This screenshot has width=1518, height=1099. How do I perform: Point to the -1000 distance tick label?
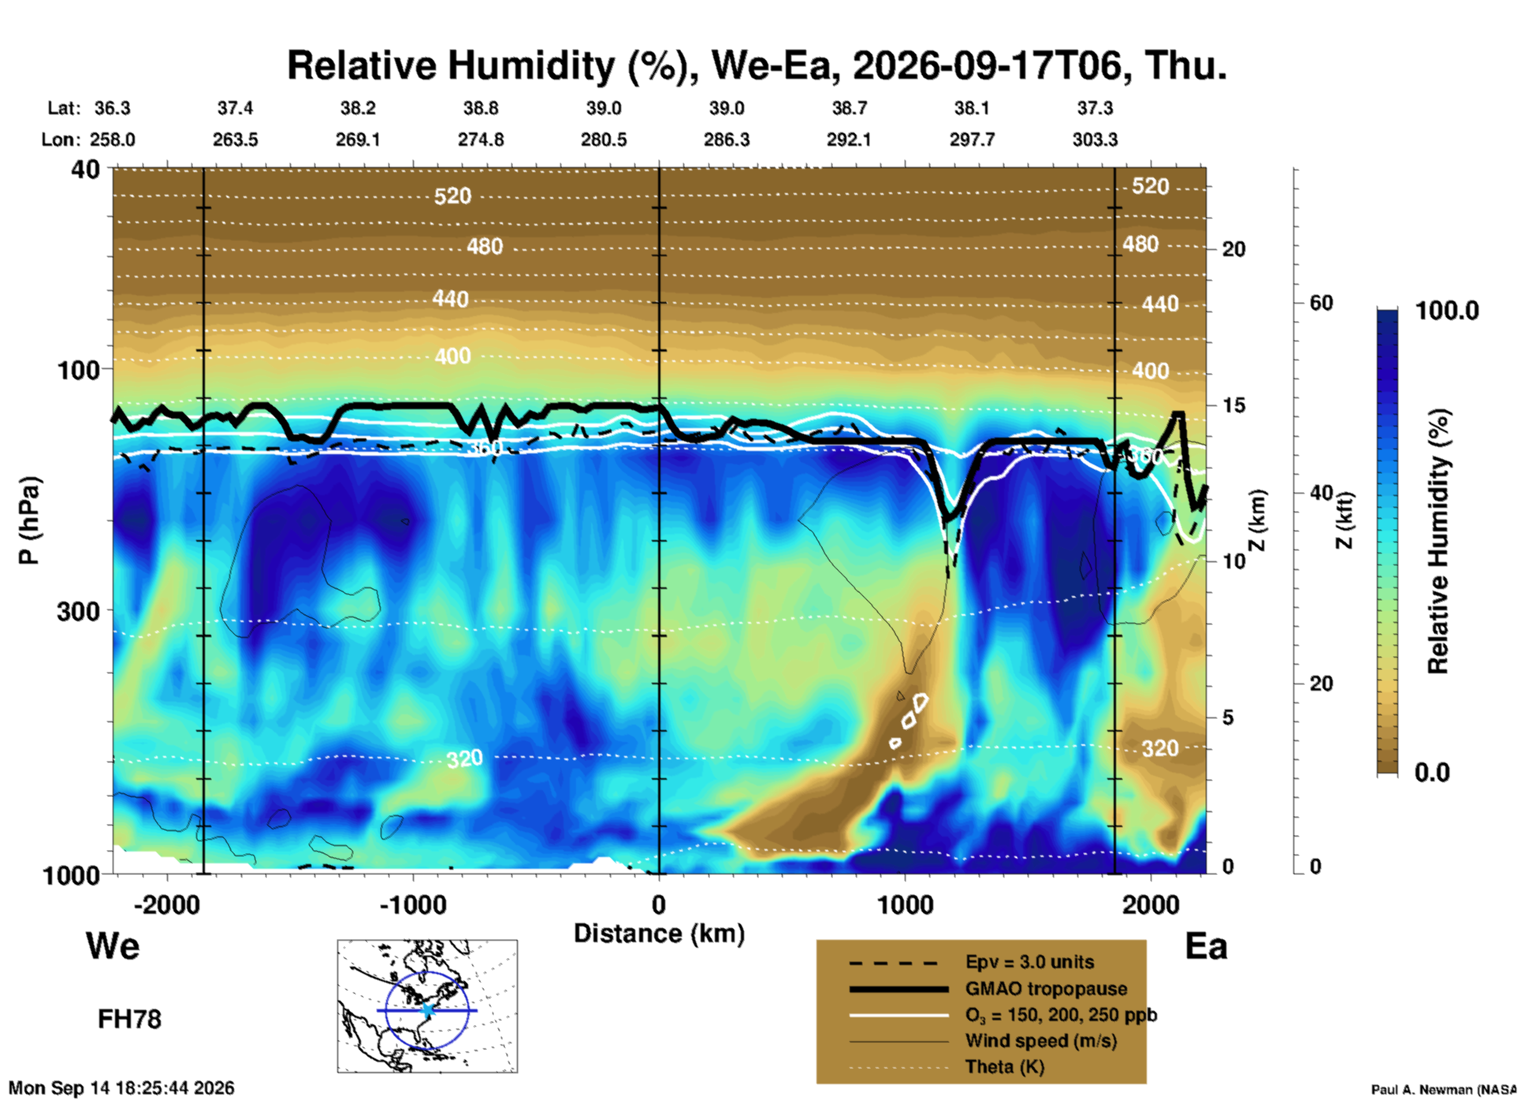tap(413, 904)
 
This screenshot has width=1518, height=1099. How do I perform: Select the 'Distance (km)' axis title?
tap(659, 933)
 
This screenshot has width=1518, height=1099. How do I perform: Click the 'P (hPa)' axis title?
tap(28, 520)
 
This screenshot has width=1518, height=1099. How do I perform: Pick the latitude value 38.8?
tap(481, 108)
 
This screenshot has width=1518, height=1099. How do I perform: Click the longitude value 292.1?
tap(849, 140)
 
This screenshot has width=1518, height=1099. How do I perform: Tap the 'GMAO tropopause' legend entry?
tap(1046, 989)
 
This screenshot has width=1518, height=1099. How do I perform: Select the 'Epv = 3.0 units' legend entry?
tap(1029, 962)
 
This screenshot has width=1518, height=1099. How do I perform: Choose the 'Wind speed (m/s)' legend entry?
tap(1041, 1041)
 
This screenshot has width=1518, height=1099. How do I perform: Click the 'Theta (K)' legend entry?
tap(1005, 1067)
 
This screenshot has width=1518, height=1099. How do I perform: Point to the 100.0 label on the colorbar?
tap(1447, 311)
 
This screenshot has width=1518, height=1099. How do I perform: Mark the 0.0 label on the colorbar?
tap(1432, 773)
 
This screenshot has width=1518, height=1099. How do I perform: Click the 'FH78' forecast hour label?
tap(129, 1019)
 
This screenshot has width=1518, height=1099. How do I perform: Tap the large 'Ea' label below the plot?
tap(1206, 946)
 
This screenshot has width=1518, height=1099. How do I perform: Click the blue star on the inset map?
tap(427, 1010)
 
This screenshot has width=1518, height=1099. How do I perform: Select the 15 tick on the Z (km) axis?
tap(1233, 405)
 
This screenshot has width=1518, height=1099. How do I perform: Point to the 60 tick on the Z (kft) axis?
tap(1321, 303)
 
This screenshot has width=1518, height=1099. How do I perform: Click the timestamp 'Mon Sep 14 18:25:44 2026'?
tap(121, 1088)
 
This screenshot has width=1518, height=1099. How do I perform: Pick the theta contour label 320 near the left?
tap(464, 759)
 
